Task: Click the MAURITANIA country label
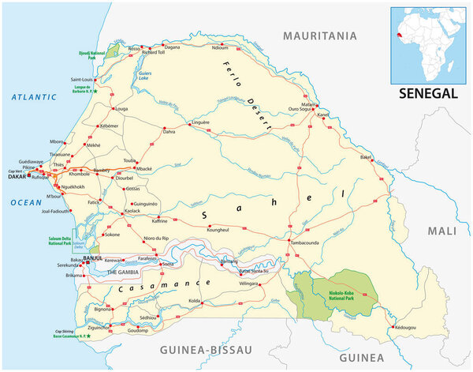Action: pos(320,36)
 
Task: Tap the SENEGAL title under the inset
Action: pos(427,92)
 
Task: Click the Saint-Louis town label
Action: pos(84,79)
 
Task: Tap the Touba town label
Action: pos(129,160)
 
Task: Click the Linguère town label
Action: pos(201,122)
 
